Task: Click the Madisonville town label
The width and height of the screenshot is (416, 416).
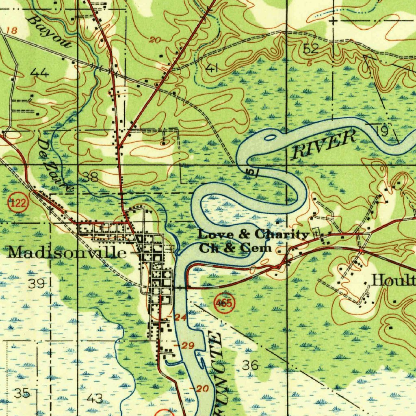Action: coord(67,253)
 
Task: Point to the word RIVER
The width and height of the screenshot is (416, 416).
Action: coord(324,145)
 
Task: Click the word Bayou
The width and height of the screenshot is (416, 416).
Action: coord(50,32)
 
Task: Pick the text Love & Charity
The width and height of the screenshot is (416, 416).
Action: coord(253,235)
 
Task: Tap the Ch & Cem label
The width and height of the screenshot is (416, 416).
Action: coord(235,247)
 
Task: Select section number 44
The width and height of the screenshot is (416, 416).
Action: coord(40,73)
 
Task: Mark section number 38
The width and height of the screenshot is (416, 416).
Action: coord(91,177)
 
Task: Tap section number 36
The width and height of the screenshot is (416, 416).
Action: coord(250,365)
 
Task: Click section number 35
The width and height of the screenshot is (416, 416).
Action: coord(22,393)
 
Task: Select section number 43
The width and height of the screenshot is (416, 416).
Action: coord(95,399)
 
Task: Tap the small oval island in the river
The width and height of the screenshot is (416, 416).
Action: coord(269,138)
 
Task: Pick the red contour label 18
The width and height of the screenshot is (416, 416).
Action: coord(13,31)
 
